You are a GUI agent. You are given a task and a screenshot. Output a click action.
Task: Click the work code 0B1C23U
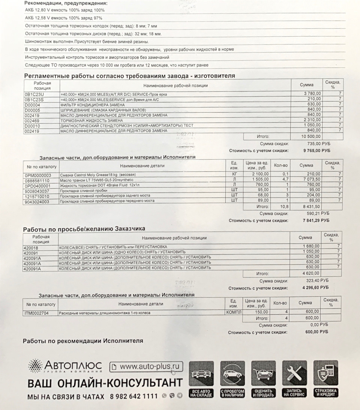(x=34, y=94)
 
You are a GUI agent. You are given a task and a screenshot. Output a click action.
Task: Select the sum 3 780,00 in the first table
(x=311, y=93)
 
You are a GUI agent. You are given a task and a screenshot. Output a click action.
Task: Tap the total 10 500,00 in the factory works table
(x=311, y=137)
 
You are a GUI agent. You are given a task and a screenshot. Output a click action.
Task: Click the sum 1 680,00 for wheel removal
(x=311, y=246)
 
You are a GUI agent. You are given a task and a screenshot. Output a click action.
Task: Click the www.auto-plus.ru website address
(x=146, y=366)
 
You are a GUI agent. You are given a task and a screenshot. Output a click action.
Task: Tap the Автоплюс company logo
(x=65, y=365)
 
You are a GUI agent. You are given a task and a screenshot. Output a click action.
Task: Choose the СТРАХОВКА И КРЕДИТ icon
(x=325, y=379)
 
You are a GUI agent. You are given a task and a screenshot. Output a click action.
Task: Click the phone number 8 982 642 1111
(x=134, y=396)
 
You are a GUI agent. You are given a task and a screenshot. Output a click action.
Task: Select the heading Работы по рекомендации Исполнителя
(x=83, y=341)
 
